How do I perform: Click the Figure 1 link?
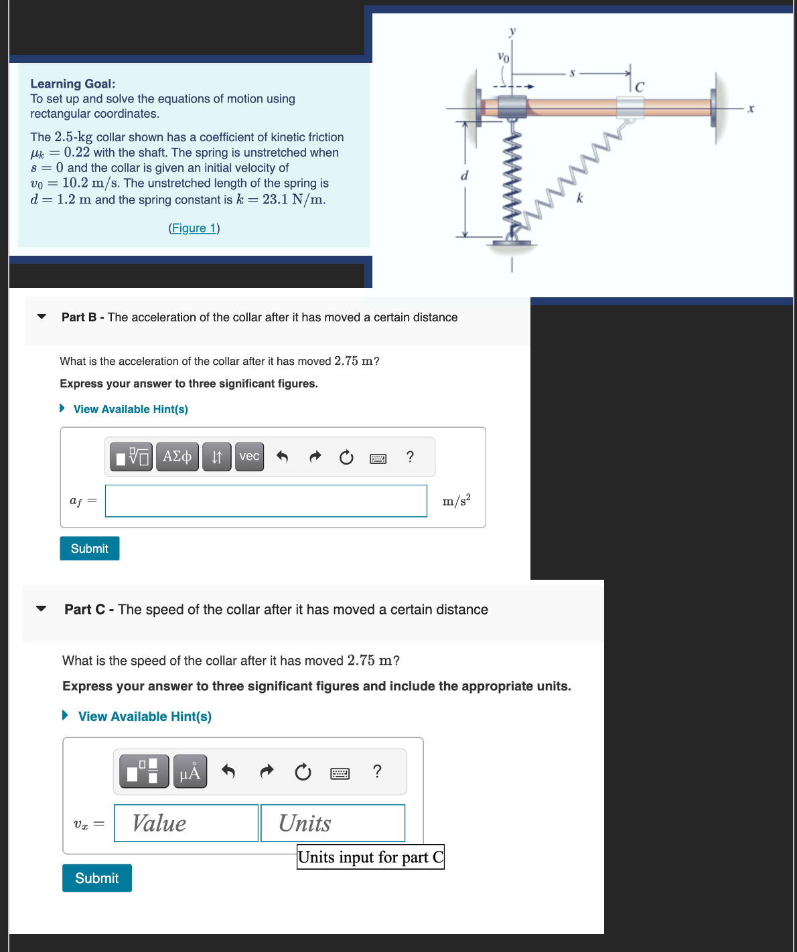(x=194, y=228)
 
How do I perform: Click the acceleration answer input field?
(x=266, y=501)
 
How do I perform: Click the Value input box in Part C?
(x=186, y=823)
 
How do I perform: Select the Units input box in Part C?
(x=333, y=823)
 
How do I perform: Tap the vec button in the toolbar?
(x=249, y=457)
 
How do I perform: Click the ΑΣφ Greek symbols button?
(x=177, y=457)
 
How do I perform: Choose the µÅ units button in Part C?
(x=190, y=772)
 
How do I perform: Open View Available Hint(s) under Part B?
(x=130, y=409)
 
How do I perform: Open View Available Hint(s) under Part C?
(x=145, y=716)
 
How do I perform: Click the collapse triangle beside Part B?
(x=42, y=317)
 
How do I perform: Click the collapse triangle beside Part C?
(x=42, y=609)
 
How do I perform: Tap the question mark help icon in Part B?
(x=410, y=457)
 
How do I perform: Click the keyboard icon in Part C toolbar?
(x=340, y=773)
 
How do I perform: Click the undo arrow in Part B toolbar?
(x=282, y=457)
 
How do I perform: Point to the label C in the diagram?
(x=639, y=87)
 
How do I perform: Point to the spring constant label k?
(x=580, y=198)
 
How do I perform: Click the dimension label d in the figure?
(x=463, y=176)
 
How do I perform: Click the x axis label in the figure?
(x=751, y=108)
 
